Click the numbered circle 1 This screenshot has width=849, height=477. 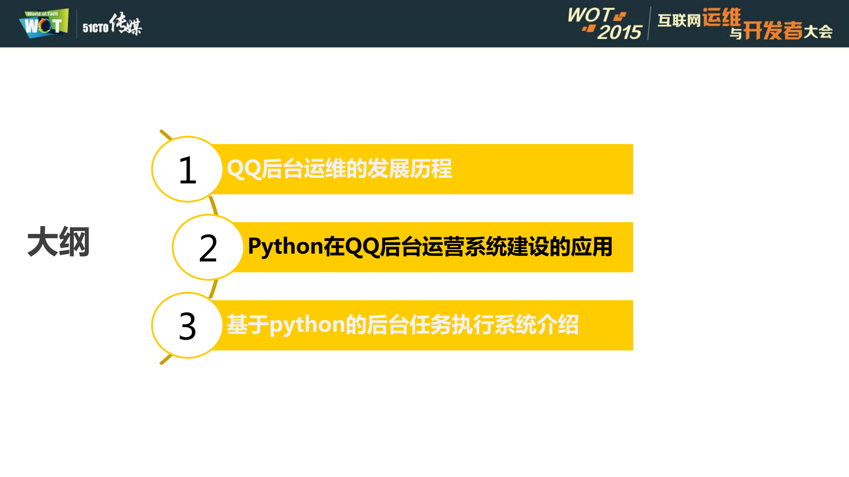(187, 169)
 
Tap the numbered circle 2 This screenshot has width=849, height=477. (208, 247)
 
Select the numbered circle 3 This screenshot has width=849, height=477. (187, 326)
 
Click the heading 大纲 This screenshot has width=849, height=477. (58, 242)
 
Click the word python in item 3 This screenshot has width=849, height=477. (307, 325)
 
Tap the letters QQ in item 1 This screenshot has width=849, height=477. (244, 169)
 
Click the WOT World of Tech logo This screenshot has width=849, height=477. (44, 23)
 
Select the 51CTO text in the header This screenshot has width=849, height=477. (96, 28)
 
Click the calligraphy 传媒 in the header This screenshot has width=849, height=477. (126, 24)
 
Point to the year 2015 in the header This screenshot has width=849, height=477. (620, 32)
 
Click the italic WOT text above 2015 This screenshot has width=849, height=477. (590, 15)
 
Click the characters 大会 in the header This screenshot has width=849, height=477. (818, 32)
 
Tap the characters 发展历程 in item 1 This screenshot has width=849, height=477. (410, 169)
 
